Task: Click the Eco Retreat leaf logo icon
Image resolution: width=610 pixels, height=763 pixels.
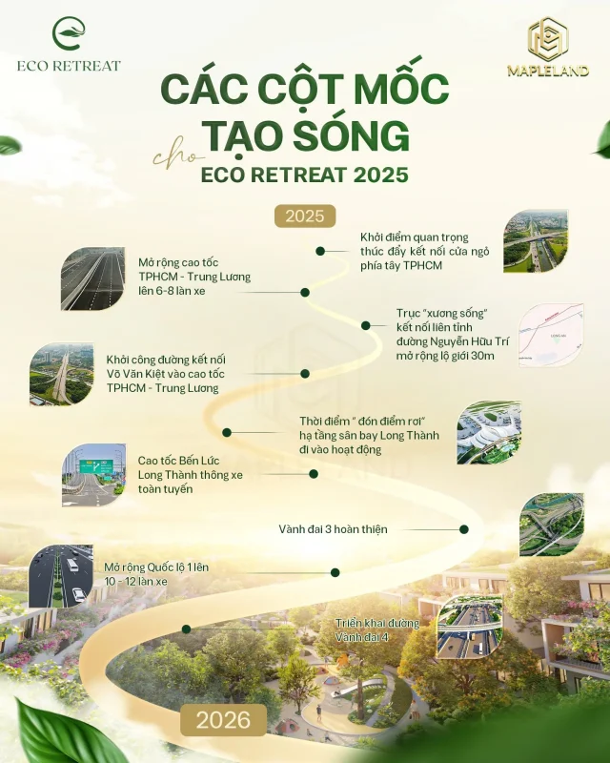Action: click(68, 36)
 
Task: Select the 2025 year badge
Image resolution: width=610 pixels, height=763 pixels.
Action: click(305, 215)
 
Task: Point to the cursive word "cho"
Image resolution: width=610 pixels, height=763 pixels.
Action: click(173, 155)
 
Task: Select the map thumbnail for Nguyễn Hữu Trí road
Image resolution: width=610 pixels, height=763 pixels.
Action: click(551, 336)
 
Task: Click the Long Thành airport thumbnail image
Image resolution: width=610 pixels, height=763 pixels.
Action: click(489, 433)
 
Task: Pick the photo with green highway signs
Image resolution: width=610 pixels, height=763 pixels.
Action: click(93, 475)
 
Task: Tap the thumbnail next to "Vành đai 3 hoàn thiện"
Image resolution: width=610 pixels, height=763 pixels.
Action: click(551, 525)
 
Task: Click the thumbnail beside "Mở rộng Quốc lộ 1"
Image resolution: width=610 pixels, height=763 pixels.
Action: click(61, 576)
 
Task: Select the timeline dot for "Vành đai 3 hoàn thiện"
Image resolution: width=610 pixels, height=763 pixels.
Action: click(464, 529)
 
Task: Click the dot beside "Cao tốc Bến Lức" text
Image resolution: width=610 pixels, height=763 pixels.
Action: click(313, 473)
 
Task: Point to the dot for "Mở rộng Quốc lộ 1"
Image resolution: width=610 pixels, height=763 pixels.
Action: click(335, 573)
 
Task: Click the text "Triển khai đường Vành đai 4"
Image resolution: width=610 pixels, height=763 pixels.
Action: click(376, 629)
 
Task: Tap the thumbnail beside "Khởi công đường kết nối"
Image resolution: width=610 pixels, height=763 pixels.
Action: click(62, 374)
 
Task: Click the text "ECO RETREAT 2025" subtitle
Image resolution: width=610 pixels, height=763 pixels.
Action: click(304, 175)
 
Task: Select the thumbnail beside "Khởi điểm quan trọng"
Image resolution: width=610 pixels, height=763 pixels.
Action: click(536, 240)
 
